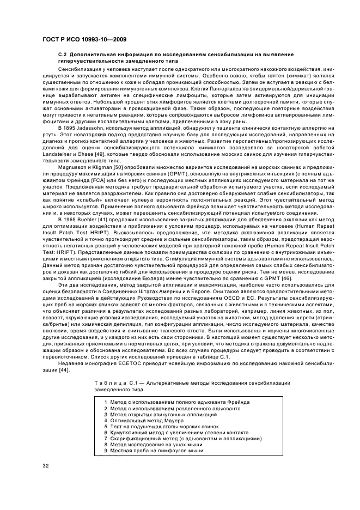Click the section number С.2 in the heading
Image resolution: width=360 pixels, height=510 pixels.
point(63,56)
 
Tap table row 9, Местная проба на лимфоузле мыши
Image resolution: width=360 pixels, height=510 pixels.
point(152,451)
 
